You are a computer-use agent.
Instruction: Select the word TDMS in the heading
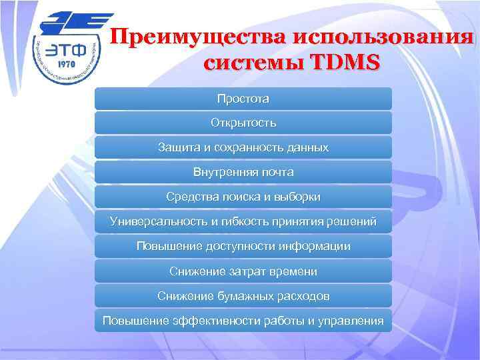341,63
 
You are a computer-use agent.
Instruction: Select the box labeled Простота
243,99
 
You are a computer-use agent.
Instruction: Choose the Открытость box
243,123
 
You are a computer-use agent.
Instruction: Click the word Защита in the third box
176,147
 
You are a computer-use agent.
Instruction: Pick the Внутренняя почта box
243,172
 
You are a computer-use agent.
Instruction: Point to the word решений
353,221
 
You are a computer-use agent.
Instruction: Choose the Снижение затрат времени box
243,271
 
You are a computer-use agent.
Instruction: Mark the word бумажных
241,295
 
